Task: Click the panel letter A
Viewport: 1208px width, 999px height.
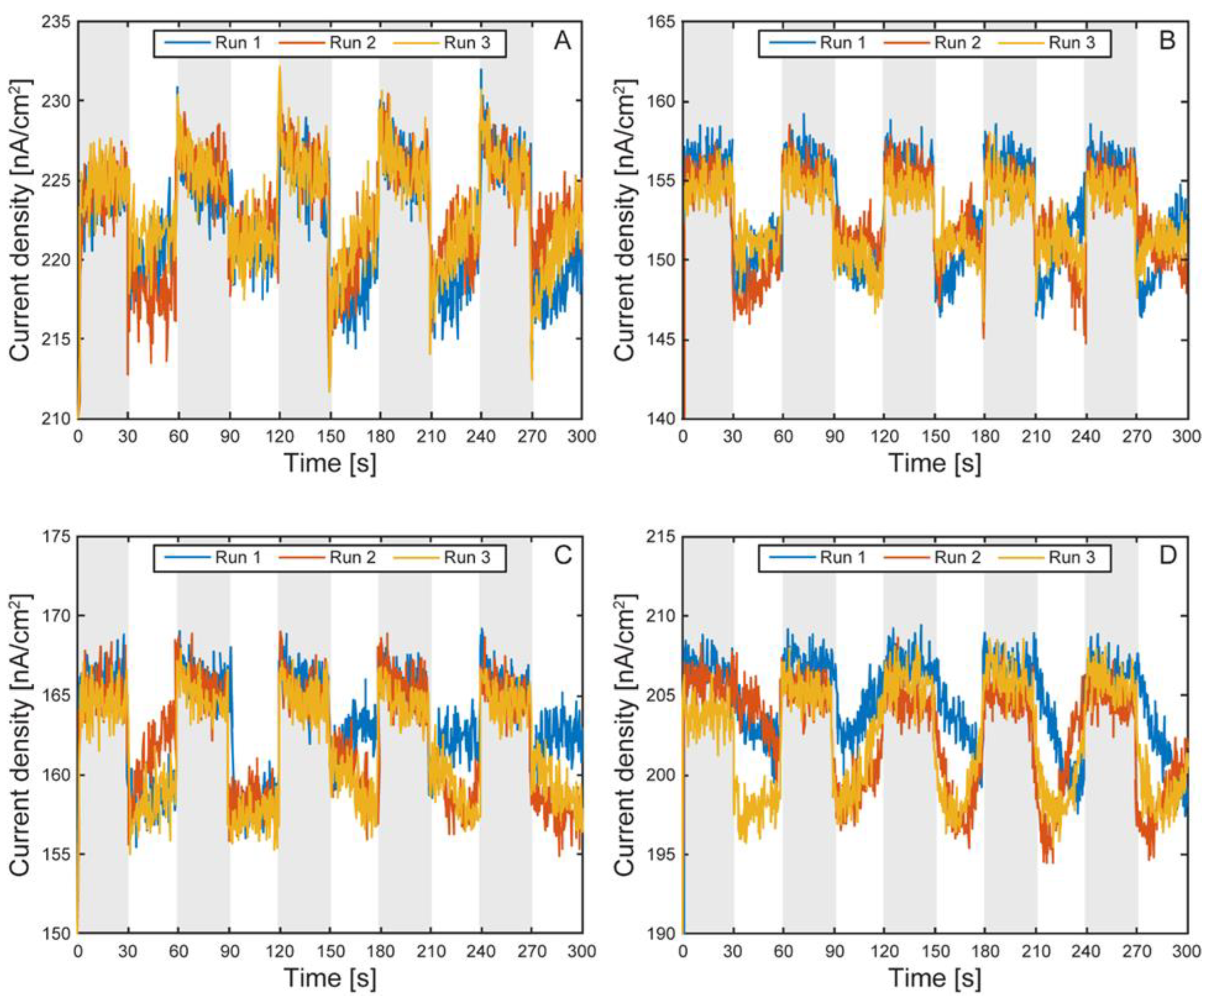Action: [x=562, y=41]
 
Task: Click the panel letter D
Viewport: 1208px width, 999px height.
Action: [x=1167, y=556]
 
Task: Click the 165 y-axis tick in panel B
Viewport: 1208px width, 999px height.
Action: [x=661, y=22]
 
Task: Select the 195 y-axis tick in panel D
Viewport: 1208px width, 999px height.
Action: [x=661, y=854]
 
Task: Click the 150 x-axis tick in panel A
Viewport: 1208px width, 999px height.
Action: [x=330, y=437]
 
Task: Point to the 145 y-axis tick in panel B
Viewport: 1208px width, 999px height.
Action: [x=661, y=339]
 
